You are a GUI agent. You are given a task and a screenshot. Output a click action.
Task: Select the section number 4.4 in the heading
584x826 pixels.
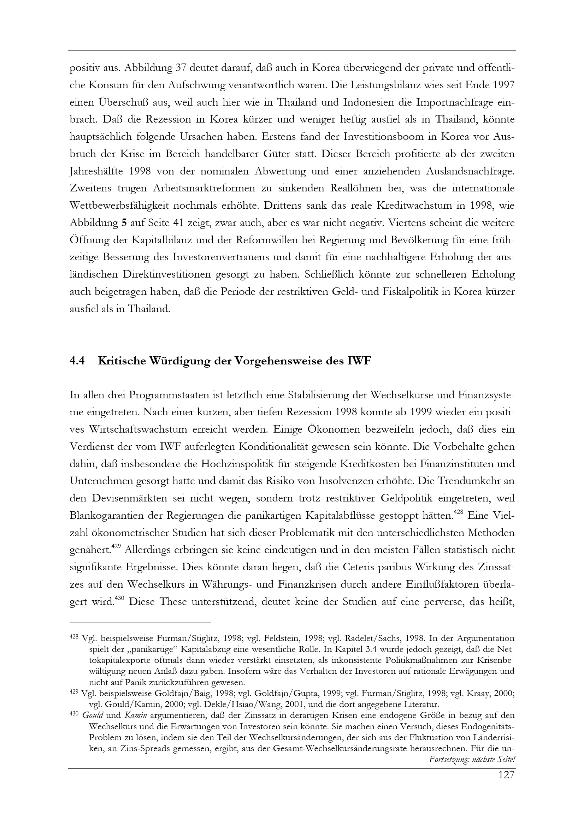point(77,361)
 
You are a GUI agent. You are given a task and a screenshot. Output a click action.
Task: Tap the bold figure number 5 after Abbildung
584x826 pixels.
point(124,223)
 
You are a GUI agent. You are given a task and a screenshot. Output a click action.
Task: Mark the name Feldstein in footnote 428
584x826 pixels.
point(278,638)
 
